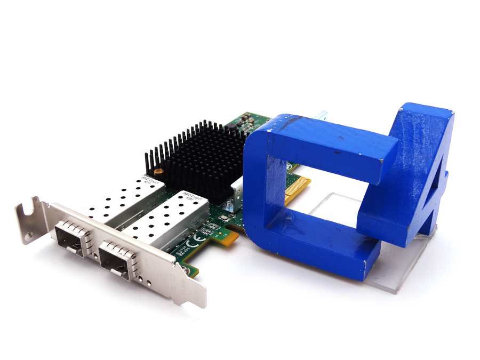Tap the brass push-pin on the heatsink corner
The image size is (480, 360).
(x=159, y=172)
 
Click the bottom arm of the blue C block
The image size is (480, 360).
(x=315, y=245)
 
